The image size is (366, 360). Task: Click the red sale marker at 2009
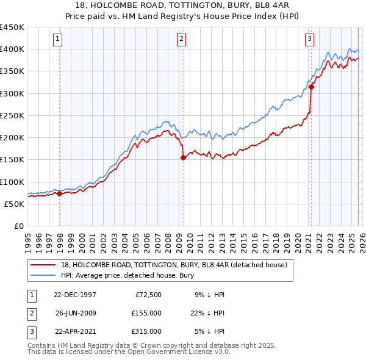point(183,157)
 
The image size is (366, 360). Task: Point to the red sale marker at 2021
point(311,87)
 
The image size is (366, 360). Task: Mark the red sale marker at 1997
point(60,194)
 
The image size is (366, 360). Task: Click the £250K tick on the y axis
point(12,115)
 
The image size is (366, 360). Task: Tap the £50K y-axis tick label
point(15,204)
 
